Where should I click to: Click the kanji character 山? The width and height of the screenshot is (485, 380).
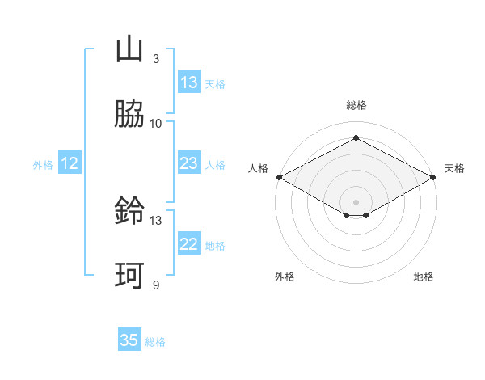(129, 50)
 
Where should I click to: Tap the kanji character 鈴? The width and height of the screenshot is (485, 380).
(129, 212)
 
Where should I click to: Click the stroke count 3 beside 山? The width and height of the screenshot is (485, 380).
(155, 59)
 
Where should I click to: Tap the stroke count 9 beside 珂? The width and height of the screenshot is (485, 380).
(155, 285)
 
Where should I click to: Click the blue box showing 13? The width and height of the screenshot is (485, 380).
(189, 82)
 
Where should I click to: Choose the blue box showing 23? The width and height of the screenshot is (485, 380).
(189, 163)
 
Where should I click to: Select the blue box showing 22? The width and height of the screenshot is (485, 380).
(189, 244)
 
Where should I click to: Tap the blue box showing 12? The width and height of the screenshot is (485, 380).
(70, 163)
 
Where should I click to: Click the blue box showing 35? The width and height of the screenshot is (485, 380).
(129, 340)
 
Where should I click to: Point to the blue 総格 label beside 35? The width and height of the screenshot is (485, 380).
(155, 342)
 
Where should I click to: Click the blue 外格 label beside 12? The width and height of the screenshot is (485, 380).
(43, 165)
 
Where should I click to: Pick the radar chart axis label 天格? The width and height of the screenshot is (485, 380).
(454, 168)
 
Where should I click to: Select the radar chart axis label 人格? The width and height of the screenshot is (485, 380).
(258, 168)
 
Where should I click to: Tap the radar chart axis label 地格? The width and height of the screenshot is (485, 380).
(424, 277)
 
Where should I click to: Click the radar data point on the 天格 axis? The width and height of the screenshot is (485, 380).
(434, 177)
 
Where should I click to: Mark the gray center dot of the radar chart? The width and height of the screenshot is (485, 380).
(356, 201)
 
